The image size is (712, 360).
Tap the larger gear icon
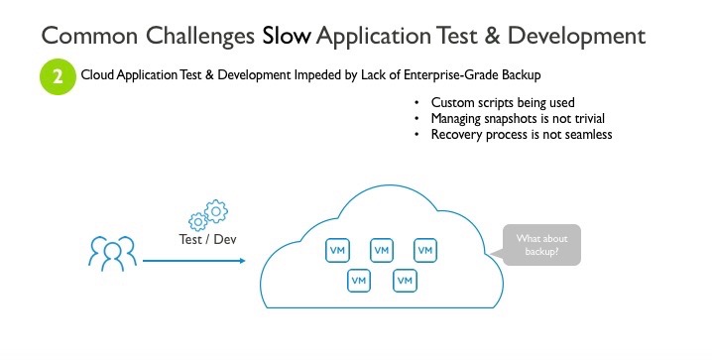pos(216,209)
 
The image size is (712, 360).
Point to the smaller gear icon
pos(197,219)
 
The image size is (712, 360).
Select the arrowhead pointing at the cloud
pos(240,261)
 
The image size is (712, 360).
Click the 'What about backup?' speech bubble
pos(541,245)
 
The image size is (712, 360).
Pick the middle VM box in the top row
pos(381,251)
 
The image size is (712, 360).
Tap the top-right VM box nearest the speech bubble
pos(424,251)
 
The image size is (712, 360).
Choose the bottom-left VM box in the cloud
pos(359,282)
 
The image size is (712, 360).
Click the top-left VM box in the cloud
pos(337,251)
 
